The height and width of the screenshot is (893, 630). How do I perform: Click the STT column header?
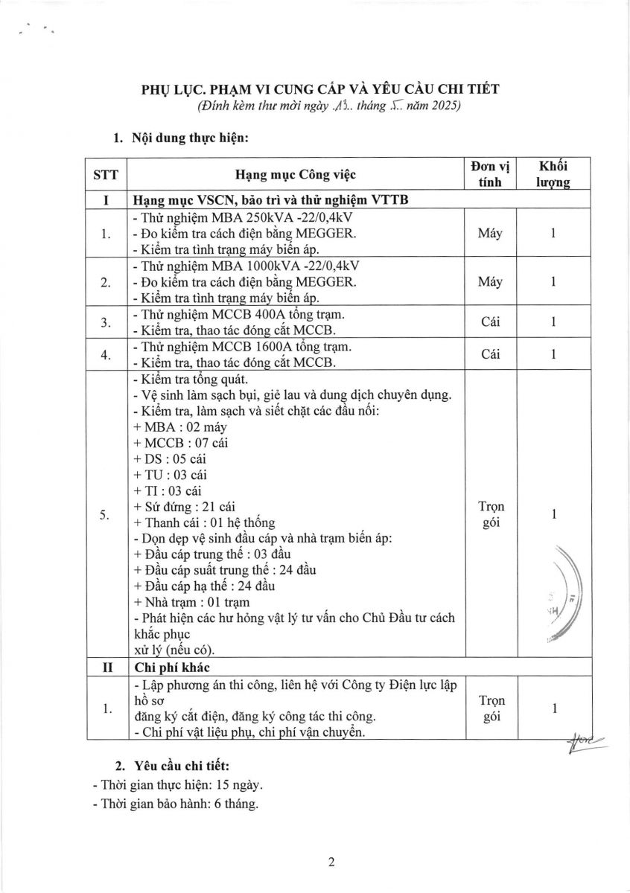pos(106,175)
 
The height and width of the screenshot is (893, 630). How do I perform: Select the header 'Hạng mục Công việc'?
pos(296,175)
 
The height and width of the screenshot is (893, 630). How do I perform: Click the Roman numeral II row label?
pos(106,667)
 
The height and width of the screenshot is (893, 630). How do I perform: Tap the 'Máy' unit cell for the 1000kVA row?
pos(490,282)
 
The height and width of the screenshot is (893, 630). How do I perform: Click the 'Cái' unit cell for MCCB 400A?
pos(490,322)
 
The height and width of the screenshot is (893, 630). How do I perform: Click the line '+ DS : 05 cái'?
pos(170,458)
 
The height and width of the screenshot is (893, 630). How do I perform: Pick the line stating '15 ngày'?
pos(177,784)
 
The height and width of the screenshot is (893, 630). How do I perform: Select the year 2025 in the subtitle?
pos(443,106)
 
